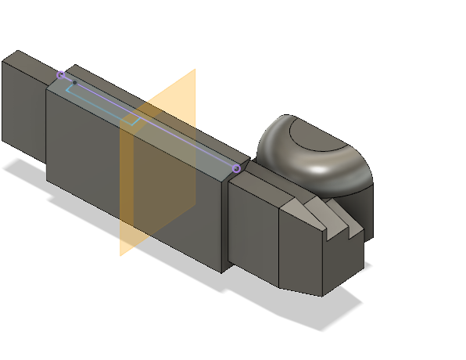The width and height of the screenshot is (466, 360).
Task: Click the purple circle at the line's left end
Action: coord(61,74)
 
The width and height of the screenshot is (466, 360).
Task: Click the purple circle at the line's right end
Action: coord(236,168)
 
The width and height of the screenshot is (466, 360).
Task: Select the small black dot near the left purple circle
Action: coord(74,82)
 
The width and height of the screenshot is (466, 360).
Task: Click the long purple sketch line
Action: coord(149,121)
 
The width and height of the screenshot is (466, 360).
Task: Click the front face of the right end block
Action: coord(301,250)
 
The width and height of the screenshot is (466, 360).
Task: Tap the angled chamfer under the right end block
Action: coord(301,291)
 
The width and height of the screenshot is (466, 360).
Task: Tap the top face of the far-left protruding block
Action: coord(31,63)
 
